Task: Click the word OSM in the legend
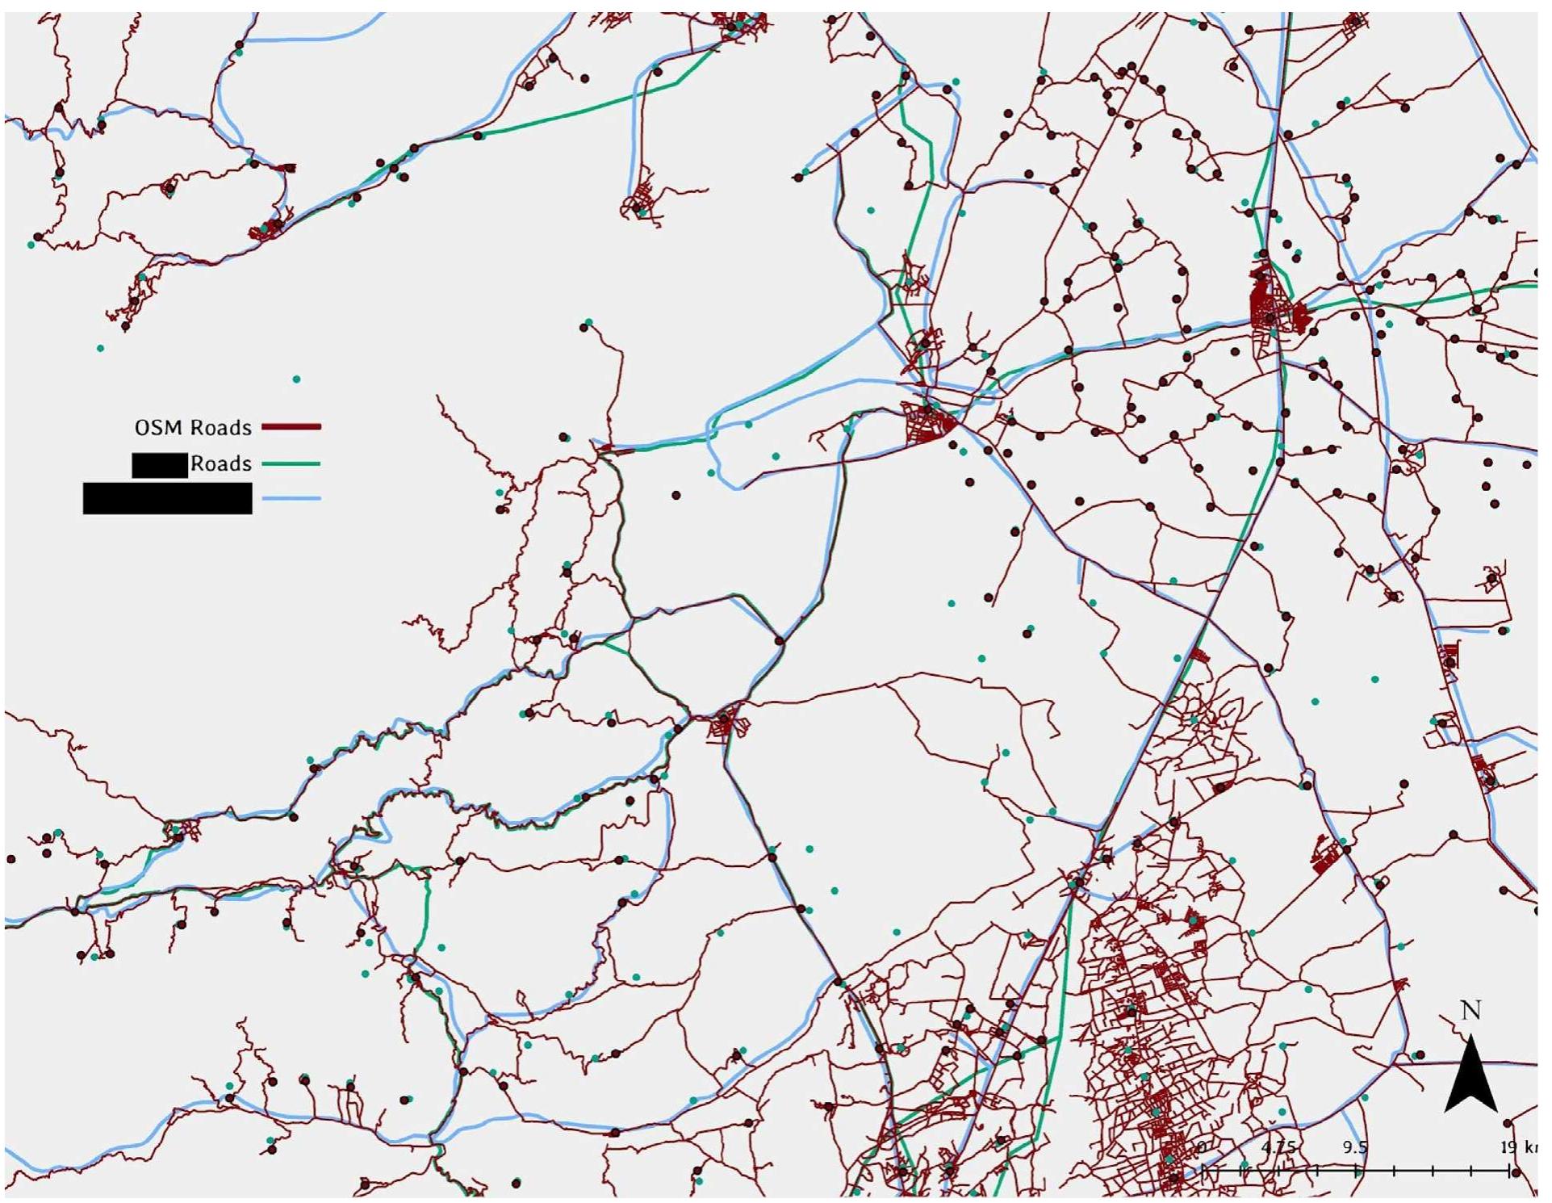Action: (x=153, y=428)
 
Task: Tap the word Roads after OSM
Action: (x=221, y=428)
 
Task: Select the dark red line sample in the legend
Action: (x=291, y=426)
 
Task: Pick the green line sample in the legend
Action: (x=291, y=464)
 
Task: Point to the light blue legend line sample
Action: (x=291, y=499)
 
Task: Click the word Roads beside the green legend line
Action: (x=221, y=464)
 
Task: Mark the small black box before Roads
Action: (x=160, y=465)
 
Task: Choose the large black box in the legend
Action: (x=167, y=498)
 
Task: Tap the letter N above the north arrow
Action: (x=1470, y=1010)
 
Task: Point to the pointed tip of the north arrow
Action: (x=1471, y=1037)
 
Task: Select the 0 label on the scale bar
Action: (x=1202, y=1146)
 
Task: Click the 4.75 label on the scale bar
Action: (x=1278, y=1146)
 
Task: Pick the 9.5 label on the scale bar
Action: (x=1355, y=1146)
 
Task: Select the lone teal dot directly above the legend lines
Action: (x=296, y=379)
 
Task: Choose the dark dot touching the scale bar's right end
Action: (x=1515, y=1172)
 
